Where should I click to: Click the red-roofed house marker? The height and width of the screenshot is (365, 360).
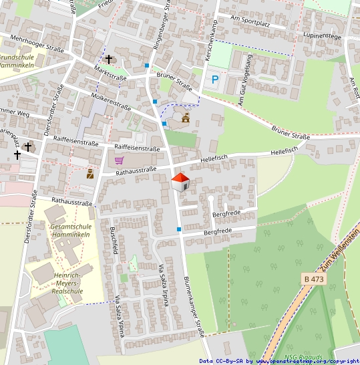[x=180, y=181]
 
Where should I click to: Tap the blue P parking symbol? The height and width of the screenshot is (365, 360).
[x=215, y=80]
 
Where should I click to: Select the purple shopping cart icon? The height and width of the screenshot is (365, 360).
[x=119, y=160]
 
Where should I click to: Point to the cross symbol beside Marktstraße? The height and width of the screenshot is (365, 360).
[x=109, y=59]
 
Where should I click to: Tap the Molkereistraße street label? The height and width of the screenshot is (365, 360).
[x=110, y=101]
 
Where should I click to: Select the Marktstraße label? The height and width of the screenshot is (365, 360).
[x=111, y=74]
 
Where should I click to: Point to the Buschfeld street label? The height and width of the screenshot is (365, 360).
[x=114, y=241]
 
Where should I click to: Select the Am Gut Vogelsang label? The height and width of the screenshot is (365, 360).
[x=245, y=80]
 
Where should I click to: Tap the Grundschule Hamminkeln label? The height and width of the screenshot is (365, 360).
[x=16, y=62]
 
